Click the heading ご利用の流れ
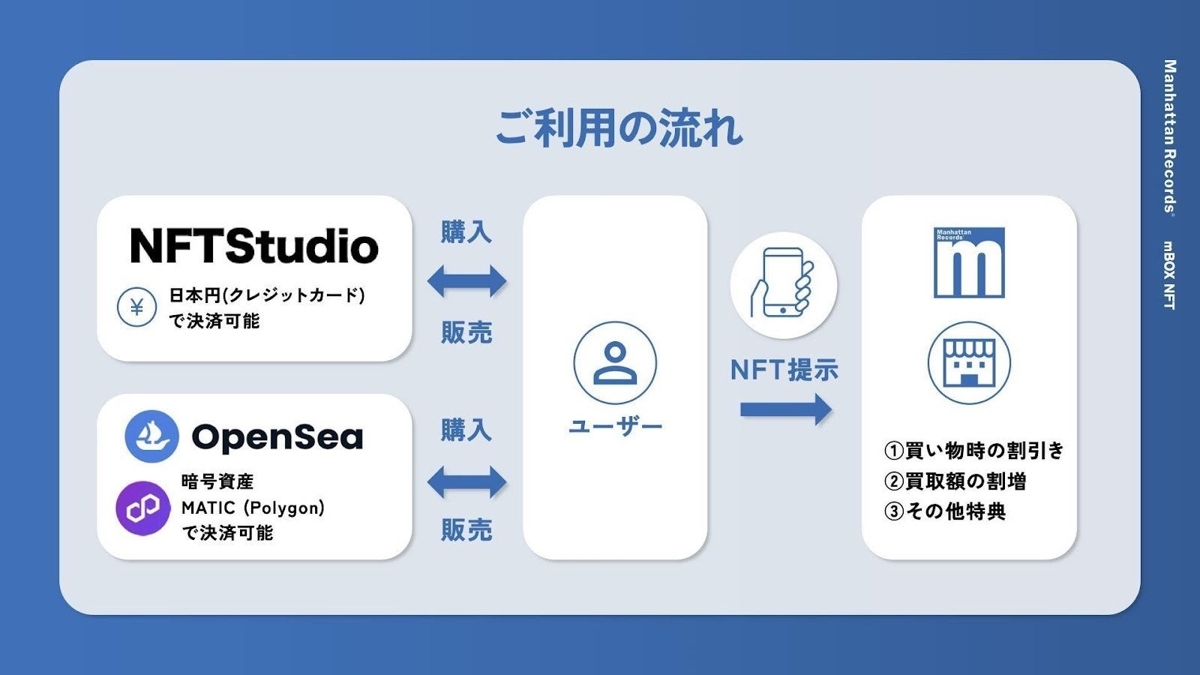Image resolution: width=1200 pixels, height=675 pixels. coord(619,128)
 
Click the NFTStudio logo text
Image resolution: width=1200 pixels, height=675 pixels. coord(254,246)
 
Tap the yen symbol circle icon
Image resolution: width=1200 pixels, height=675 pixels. coord(136,307)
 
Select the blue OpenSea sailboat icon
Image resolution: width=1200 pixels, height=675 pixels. coord(151,436)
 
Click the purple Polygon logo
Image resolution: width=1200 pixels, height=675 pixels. coord(142,508)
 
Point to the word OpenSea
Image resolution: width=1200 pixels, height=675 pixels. coord(277,437)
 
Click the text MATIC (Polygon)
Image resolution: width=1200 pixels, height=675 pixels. coord(253,508)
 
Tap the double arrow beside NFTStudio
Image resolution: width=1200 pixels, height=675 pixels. coord(466,282)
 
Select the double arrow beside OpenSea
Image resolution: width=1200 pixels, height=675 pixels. coord(466,481)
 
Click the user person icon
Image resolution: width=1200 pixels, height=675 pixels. coord(615,363)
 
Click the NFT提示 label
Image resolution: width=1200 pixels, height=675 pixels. coord(784,370)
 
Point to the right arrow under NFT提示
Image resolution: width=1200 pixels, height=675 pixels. coord(785,409)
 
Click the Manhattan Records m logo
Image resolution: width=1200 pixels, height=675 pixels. coord(969,262)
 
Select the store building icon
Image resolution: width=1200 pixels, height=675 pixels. coord(969,363)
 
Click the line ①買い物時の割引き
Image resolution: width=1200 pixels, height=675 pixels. coord(974,451)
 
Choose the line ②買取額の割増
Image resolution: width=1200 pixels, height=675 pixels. coord(955,481)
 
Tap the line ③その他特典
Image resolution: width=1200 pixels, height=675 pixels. coord(945,511)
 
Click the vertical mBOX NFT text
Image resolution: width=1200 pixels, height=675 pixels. coord(1168,274)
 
